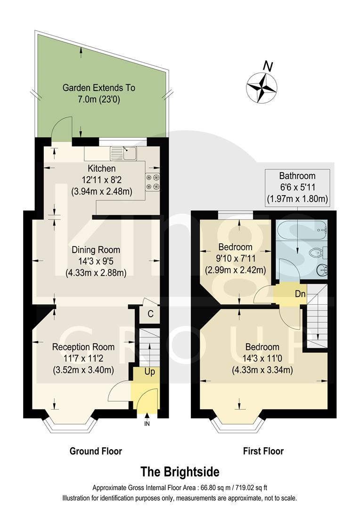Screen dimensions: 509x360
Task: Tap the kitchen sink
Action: [x=123, y=153]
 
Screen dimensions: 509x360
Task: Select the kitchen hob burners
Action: [x=152, y=182]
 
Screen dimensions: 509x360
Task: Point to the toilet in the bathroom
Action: [x=317, y=254]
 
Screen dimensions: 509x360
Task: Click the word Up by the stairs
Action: [x=150, y=372]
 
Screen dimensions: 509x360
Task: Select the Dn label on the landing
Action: [x=300, y=294]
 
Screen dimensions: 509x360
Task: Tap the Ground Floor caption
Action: [x=96, y=451]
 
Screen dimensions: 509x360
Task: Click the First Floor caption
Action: [x=263, y=451]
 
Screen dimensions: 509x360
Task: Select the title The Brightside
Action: [x=180, y=471]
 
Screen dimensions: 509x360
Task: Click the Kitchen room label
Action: [x=101, y=168]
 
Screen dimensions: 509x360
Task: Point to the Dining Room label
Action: [x=96, y=250]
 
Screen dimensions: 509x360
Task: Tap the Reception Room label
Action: [x=83, y=347]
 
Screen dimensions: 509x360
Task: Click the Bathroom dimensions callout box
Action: [x=297, y=187]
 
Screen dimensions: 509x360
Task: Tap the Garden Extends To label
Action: [x=99, y=88]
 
